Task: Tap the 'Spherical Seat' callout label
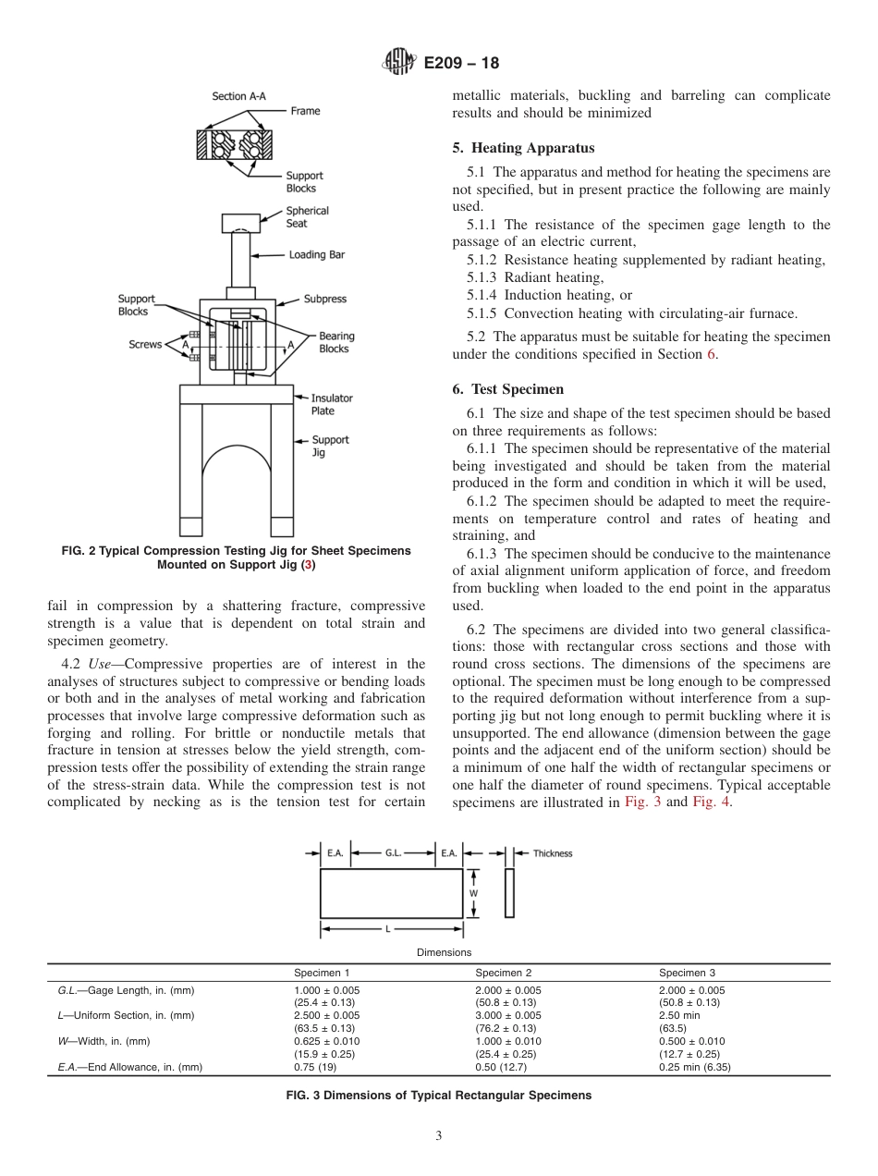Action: (307, 217)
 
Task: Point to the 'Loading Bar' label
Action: (316, 254)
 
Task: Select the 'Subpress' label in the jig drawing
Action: (325, 300)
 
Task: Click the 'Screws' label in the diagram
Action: (145, 345)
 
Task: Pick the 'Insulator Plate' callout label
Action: (331, 404)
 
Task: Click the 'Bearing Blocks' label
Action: (335, 342)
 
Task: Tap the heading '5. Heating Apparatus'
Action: (523, 148)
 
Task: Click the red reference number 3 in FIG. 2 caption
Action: (311, 564)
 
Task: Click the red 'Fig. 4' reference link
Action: (711, 802)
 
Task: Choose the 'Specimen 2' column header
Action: (503, 973)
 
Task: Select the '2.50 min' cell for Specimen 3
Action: (678, 1015)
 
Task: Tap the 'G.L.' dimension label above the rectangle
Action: (394, 853)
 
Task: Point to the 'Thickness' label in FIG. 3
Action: (553, 853)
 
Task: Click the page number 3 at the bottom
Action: (438, 1136)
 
